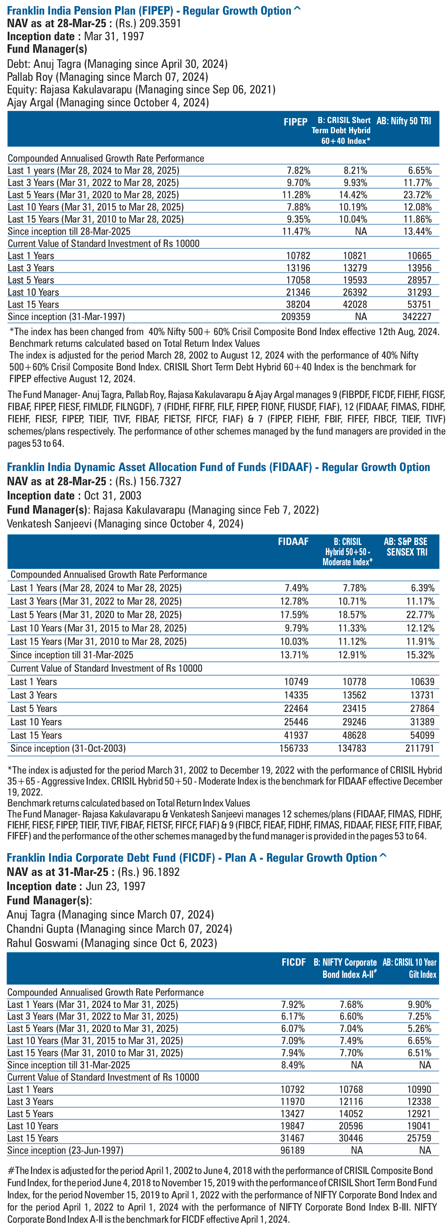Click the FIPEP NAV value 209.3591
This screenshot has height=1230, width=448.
160,24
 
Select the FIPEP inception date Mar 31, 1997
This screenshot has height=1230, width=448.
114,36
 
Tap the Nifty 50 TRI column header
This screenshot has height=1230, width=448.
404,121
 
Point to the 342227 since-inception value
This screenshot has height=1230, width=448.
417,317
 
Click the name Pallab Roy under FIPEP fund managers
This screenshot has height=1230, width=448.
30,77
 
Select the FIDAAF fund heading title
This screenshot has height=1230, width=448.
218,467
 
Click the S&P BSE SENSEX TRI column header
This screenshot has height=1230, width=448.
406,547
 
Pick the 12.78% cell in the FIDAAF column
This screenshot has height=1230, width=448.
294,601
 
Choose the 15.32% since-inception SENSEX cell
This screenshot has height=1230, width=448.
420,655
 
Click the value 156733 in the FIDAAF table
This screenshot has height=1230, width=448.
294,748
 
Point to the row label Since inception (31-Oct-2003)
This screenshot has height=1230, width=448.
68,748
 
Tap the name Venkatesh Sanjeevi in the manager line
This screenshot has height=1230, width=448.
49,524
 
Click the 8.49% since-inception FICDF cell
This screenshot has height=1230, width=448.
293,1065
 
